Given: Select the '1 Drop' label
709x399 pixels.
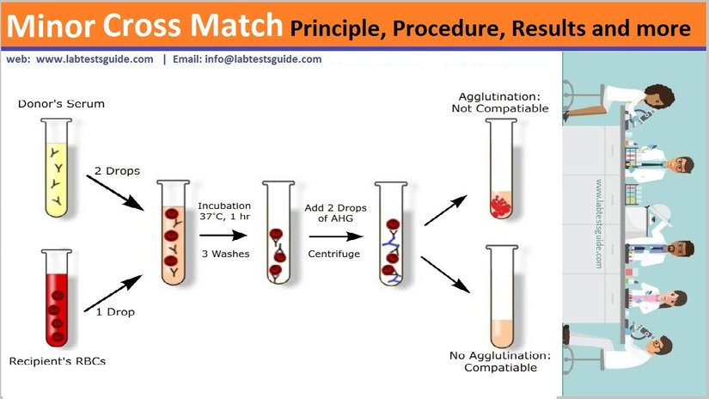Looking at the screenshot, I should click(x=114, y=311).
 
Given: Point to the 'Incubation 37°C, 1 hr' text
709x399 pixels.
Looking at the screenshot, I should click(x=223, y=211).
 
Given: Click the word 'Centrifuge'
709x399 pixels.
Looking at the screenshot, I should click(x=333, y=254).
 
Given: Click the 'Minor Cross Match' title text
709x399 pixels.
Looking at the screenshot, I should click(x=145, y=28).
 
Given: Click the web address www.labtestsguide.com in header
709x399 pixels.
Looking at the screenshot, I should click(x=95, y=60).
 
